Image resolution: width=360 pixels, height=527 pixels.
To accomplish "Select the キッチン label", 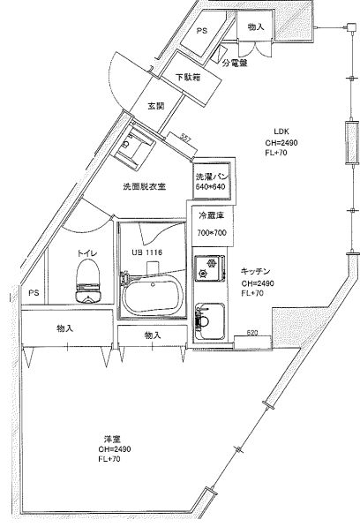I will (255, 272).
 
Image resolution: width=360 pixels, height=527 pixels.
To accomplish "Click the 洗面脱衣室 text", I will (144, 187).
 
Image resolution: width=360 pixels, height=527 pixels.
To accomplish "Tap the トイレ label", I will (86, 253).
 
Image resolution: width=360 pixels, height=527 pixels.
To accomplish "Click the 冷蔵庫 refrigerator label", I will (210, 215).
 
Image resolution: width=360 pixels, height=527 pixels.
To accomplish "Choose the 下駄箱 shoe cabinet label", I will (186, 78).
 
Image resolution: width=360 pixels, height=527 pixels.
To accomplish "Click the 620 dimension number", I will (251, 333).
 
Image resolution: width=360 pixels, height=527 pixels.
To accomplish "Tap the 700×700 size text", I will (210, 233).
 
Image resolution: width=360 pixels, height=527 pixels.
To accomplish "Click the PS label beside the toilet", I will (34, 292).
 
